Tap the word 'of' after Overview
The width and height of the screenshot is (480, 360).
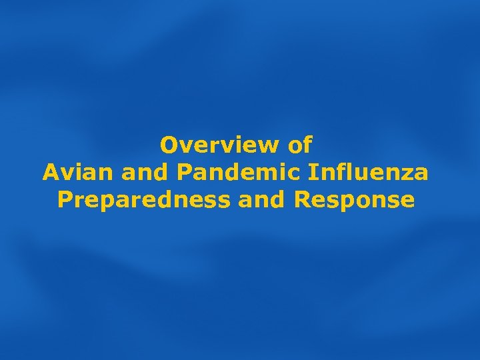301,144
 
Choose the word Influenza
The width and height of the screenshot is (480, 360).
369,172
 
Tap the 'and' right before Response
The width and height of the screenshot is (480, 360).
262,200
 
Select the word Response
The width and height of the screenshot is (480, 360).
354,200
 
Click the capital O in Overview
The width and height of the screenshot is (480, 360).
170,144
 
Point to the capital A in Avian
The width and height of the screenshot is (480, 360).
51,172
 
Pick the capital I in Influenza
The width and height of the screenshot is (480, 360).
313,172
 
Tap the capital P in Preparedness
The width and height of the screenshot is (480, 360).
65,200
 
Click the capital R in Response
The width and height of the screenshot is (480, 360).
301,200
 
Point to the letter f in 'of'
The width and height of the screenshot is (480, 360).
307,144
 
